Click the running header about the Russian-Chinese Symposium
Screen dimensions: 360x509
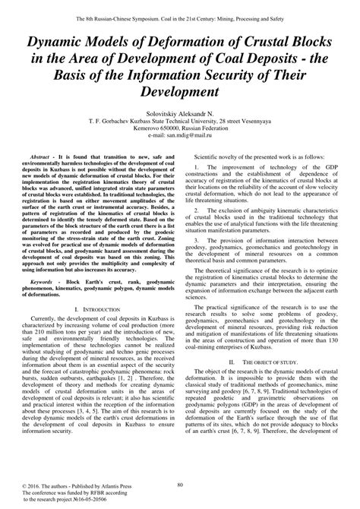tap(180, 7)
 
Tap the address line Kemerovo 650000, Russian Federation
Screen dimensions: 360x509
tap(180, 133)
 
